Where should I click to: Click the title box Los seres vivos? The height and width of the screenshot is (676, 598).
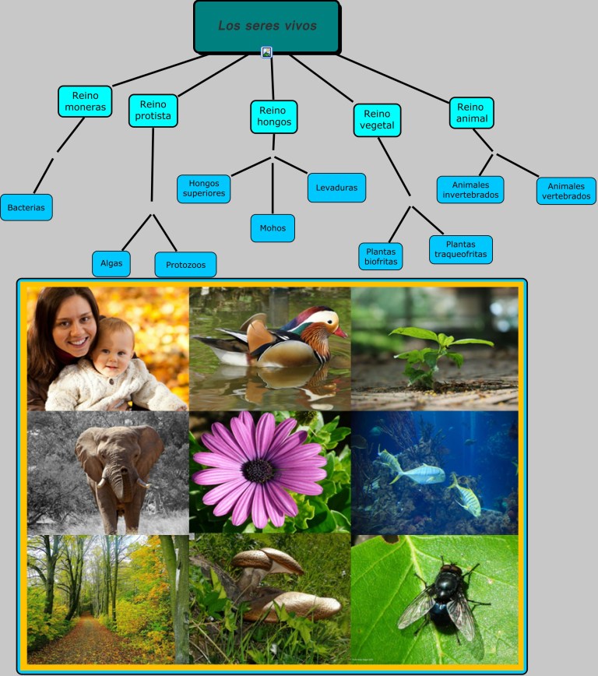267,26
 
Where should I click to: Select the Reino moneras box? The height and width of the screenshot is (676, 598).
85,101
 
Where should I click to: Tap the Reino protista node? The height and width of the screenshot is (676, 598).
153,111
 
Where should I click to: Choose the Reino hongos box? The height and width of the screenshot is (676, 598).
274,116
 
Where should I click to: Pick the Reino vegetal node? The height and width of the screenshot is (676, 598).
377,120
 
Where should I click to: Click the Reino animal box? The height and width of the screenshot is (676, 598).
472,112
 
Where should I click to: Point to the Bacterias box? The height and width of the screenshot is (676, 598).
26,207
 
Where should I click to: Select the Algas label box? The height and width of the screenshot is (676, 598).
111,263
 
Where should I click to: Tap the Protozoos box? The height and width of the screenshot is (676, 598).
185,265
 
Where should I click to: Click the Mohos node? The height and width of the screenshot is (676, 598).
273,228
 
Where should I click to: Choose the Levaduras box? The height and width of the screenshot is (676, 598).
336,188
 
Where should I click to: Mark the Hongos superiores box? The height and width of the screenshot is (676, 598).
203,188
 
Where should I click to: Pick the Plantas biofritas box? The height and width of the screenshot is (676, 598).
381,256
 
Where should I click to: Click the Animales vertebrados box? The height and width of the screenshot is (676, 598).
566,191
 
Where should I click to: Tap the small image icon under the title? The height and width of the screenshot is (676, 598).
266,52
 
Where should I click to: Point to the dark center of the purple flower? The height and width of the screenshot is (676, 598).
258,470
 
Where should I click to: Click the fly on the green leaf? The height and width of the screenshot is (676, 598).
444,598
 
